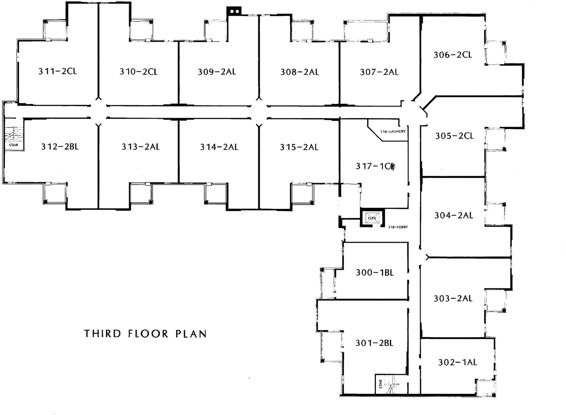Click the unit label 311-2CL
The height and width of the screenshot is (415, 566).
click(57, 71)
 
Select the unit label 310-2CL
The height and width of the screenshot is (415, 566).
click(138, 72)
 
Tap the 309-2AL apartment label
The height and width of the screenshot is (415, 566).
click(217, 72)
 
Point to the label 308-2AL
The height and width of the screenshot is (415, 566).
click(299, 72)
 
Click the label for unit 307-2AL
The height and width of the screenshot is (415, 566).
click(379, 72)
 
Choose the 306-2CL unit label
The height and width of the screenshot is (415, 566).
click(452, 55)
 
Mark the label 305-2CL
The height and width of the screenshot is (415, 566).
click(454, 136)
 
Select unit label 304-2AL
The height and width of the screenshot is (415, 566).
click(453, 215)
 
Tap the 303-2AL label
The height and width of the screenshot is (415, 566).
click(453, 299)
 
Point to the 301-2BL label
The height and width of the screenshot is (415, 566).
click(375, 343)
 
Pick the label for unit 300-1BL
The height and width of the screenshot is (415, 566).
click(375, 273)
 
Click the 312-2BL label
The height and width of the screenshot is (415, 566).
click(60, 147)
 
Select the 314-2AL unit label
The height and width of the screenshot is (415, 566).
click(218, 147)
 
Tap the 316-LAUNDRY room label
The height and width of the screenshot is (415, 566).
click(393, 131)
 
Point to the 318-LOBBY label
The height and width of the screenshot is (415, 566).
click(398, 227)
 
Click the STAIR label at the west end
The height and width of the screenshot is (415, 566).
click(13, 145)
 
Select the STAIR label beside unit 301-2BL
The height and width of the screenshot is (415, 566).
click(380, 384)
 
